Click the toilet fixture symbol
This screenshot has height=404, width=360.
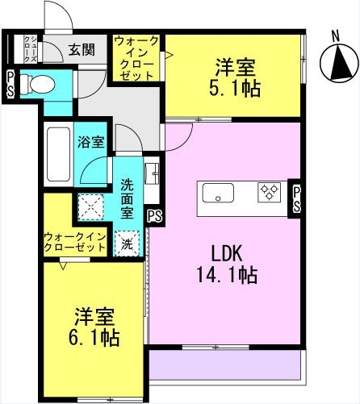point(38,84)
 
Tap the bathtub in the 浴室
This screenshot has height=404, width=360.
point(59,154)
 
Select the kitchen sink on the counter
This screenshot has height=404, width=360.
point(218,193)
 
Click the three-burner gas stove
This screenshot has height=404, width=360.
point(269,192)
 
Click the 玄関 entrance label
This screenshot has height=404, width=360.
point(82,50)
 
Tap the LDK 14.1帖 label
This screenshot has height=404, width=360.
point(228,264)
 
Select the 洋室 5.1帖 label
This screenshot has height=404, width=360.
point(235,77)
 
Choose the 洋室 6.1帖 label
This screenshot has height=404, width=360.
point(94,326)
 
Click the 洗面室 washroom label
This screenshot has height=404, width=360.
point(127,198)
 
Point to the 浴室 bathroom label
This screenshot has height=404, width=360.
point(91,142)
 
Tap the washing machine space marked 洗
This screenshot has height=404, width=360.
point(127,244)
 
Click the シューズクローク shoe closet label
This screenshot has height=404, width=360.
point(30,49)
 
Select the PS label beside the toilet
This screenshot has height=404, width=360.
point(10,83)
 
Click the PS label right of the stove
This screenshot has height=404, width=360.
point(296,199)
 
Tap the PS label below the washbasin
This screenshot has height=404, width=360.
point(155,215)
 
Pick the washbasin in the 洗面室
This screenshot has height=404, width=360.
point(152,173)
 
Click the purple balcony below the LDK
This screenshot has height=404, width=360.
point(224,364)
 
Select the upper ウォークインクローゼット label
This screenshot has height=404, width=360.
point(136,58)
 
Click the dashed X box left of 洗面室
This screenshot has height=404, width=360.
point(90,207)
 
